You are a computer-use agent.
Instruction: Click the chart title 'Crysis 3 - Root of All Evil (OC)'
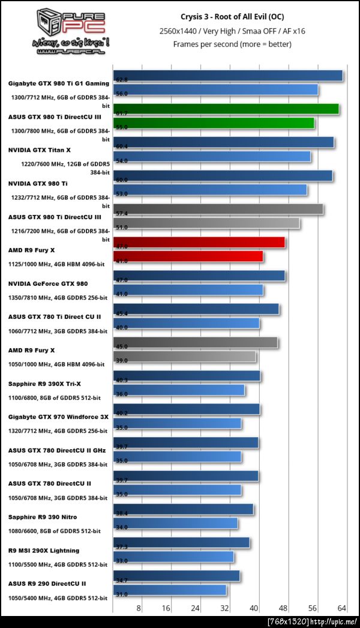point(232,16)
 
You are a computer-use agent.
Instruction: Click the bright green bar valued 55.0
point(213,123)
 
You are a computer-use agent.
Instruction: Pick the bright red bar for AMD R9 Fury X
point(188,257)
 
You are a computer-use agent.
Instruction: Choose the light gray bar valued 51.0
point(206,223)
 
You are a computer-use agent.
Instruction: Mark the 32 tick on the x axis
point(224,608)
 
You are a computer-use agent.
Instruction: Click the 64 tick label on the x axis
point(342,608)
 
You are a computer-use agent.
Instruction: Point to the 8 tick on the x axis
point(139,608)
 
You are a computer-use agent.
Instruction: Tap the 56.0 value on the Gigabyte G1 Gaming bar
point(122,94)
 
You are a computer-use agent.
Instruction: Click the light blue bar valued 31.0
point(170,590)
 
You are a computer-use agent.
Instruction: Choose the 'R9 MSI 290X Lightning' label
point(44,551)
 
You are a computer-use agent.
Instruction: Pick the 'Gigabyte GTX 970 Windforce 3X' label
point(58,417)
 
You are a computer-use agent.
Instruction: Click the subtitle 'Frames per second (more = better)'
point(232,44)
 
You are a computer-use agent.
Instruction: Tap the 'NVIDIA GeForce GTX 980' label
point(48,283)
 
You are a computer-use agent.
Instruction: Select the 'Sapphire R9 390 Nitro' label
point(43,517)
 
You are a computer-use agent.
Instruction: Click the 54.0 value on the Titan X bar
point(122,160)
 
